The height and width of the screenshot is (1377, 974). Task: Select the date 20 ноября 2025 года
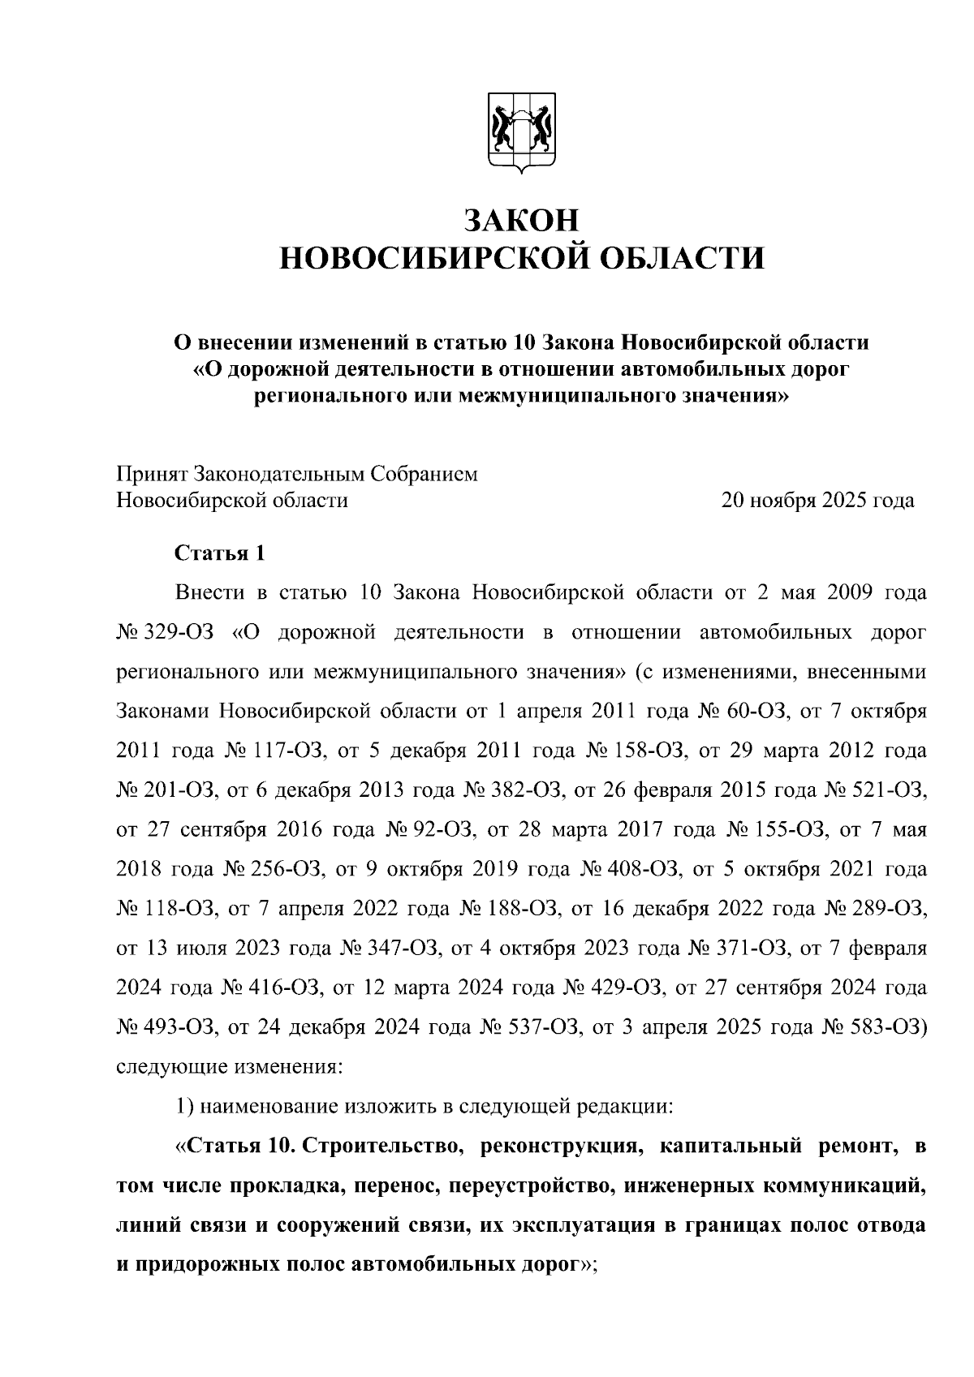817,500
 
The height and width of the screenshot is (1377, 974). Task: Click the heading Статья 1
220,553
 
